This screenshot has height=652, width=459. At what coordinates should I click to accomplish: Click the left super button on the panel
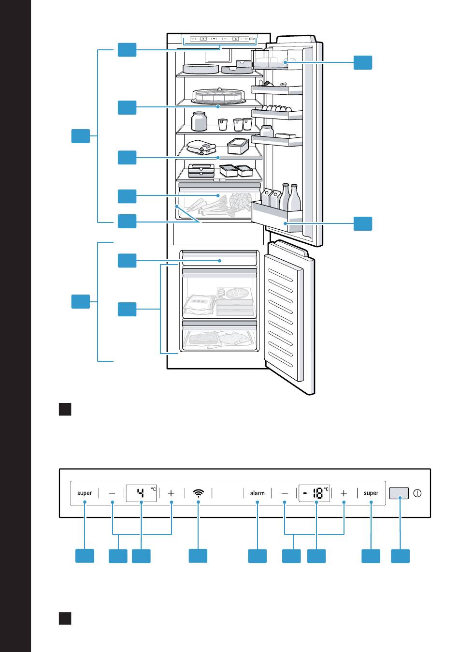coord(85,493)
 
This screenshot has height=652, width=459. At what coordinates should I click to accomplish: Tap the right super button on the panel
coord(371,493)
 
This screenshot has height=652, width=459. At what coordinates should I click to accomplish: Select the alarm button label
coord(258,493)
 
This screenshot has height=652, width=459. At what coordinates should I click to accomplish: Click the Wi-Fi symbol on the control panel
coord(199,493)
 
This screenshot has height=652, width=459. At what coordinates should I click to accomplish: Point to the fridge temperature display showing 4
coord(142,493)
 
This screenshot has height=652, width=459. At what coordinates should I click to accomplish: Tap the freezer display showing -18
coord(314,493)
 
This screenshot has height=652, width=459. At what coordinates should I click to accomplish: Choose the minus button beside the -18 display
coord(285,493)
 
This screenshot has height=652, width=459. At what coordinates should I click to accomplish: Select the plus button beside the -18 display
coord(344,493)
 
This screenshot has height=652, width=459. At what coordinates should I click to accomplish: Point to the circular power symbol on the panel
coord(418,493)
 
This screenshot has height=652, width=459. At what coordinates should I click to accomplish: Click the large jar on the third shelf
coord(199,121)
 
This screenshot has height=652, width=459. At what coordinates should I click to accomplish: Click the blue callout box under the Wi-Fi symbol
coord(198,556)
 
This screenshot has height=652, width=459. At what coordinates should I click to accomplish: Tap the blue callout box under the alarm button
coord(258,556)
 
